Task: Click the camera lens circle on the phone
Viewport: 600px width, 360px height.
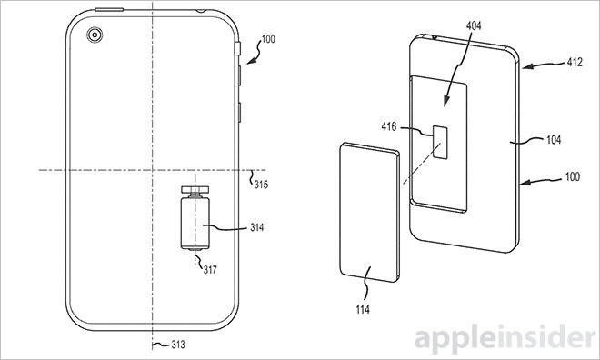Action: (x=95, y=35)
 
